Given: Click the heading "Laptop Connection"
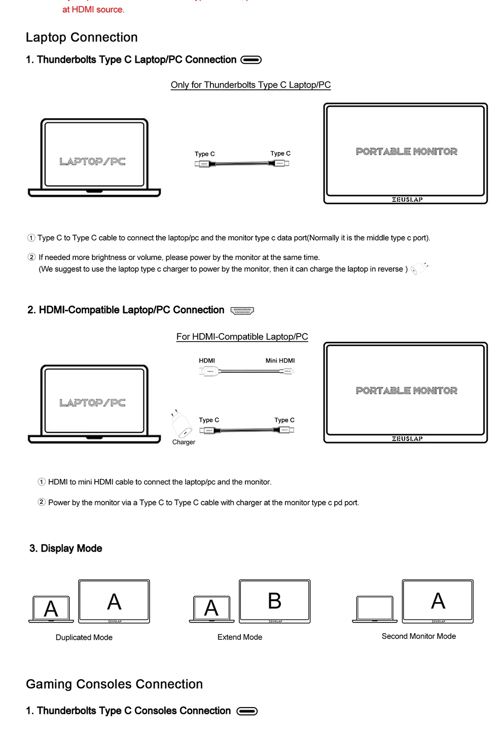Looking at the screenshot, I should coord(82,38).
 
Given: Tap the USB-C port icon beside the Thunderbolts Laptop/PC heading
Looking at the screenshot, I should coord(251,60).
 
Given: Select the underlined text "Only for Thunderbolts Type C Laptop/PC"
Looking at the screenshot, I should coord(250,85).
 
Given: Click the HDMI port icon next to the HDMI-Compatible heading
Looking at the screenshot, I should coord(242,311).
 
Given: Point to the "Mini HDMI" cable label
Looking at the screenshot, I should coord(280,361).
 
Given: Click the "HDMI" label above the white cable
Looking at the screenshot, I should coord(207,361).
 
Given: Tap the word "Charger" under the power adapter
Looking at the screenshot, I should coord(184,443).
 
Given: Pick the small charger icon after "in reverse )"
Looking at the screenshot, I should coord(419,269).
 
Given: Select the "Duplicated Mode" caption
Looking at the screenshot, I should coord(84,638).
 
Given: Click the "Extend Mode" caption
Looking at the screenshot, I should coord(240,637).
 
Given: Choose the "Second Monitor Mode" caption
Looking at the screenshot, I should coord(419,636).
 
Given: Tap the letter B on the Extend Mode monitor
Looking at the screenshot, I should coord(274,601).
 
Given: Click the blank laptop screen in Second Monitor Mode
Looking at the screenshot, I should coord(375,608).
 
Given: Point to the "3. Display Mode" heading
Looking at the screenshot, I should coord(66,548).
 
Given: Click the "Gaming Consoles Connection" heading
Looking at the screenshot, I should coord(115,684).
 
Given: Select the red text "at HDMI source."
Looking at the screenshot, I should coord(93,10).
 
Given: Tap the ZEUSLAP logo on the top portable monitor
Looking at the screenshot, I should coord(407,200).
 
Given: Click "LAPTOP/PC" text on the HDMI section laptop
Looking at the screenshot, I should coord(92,403).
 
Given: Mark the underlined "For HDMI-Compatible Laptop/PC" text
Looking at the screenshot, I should coord(242,337).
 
